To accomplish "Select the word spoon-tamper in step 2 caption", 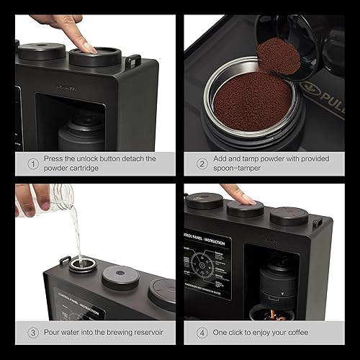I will pyautogui.click(x=238, y=169).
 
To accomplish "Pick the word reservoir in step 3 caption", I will pyautogui.click(x=144, y=333).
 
